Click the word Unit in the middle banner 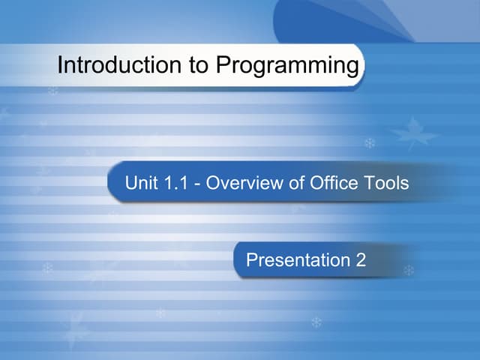click(x=140, y=182)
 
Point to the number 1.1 click(x=174, y=182)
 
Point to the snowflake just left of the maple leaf click(x=369, y=142)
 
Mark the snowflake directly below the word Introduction click(x=52, y=91)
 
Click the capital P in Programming click(x=223, y=66)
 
